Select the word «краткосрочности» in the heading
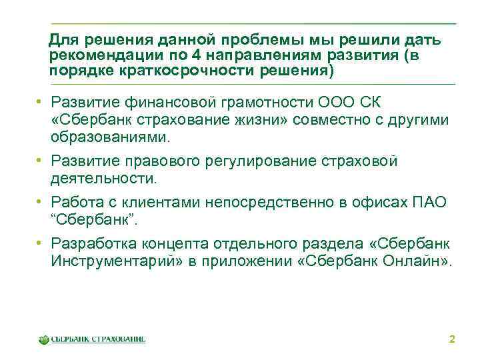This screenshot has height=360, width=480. point(189,70)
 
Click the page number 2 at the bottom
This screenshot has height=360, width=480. point(452,340)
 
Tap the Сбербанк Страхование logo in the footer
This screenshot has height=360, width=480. point(92,339)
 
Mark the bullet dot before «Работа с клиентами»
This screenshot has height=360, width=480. point(41,203)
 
